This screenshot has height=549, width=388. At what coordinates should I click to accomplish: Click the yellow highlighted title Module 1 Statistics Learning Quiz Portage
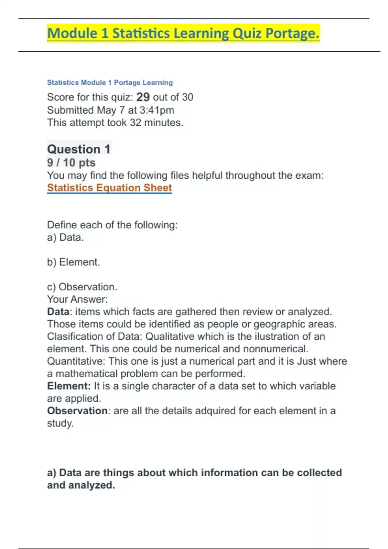coord(183,33)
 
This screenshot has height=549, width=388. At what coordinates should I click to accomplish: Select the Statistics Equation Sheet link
coord(109,188)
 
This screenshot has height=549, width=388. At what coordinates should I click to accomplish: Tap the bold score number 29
coord(143,97)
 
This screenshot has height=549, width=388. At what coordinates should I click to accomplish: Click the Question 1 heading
coord(79,149)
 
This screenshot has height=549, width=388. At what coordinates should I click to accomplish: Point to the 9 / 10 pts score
coord(71,162)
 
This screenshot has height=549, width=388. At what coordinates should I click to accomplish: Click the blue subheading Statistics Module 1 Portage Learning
coord(110,82)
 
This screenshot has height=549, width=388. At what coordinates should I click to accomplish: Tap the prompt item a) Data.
coord(65,237)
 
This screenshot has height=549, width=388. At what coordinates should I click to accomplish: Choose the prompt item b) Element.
coord(73,262)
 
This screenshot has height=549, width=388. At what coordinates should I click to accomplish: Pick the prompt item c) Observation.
coord(82,287)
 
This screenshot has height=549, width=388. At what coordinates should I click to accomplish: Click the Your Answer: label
coord(77,299)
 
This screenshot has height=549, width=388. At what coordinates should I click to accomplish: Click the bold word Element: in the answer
coord(69,386)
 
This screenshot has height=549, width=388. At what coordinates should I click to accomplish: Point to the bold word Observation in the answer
coord(77,411)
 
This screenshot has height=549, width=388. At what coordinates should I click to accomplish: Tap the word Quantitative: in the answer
coord(76,361)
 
